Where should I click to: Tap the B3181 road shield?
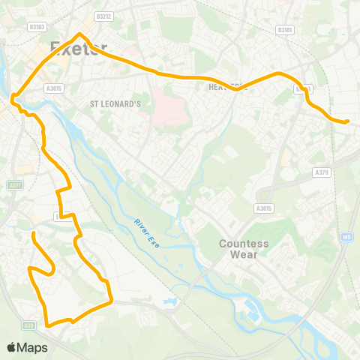284,30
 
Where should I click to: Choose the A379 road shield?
322,172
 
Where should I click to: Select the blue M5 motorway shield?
346,238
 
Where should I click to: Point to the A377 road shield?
14,184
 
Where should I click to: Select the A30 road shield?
28,325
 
